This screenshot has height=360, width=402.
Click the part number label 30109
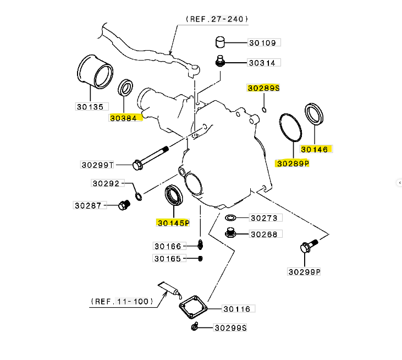pyautogui.click(x=264, y=42)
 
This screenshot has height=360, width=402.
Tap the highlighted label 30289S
pyautogui.click(x=263, y=88)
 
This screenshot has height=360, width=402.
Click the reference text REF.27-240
pyautogui.click(x=216, y=19)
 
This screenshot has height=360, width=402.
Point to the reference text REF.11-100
pyautogui.click(x=123, y=302)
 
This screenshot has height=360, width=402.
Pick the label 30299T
pyautogui.click(x=97, y=165)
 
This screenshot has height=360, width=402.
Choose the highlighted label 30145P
pyautogui.click(x=173, y=223)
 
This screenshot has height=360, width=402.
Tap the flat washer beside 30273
pyautogui.click(x=231, y=218)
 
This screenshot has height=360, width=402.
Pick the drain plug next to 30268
pyautogui.click(x=231, y=233)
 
